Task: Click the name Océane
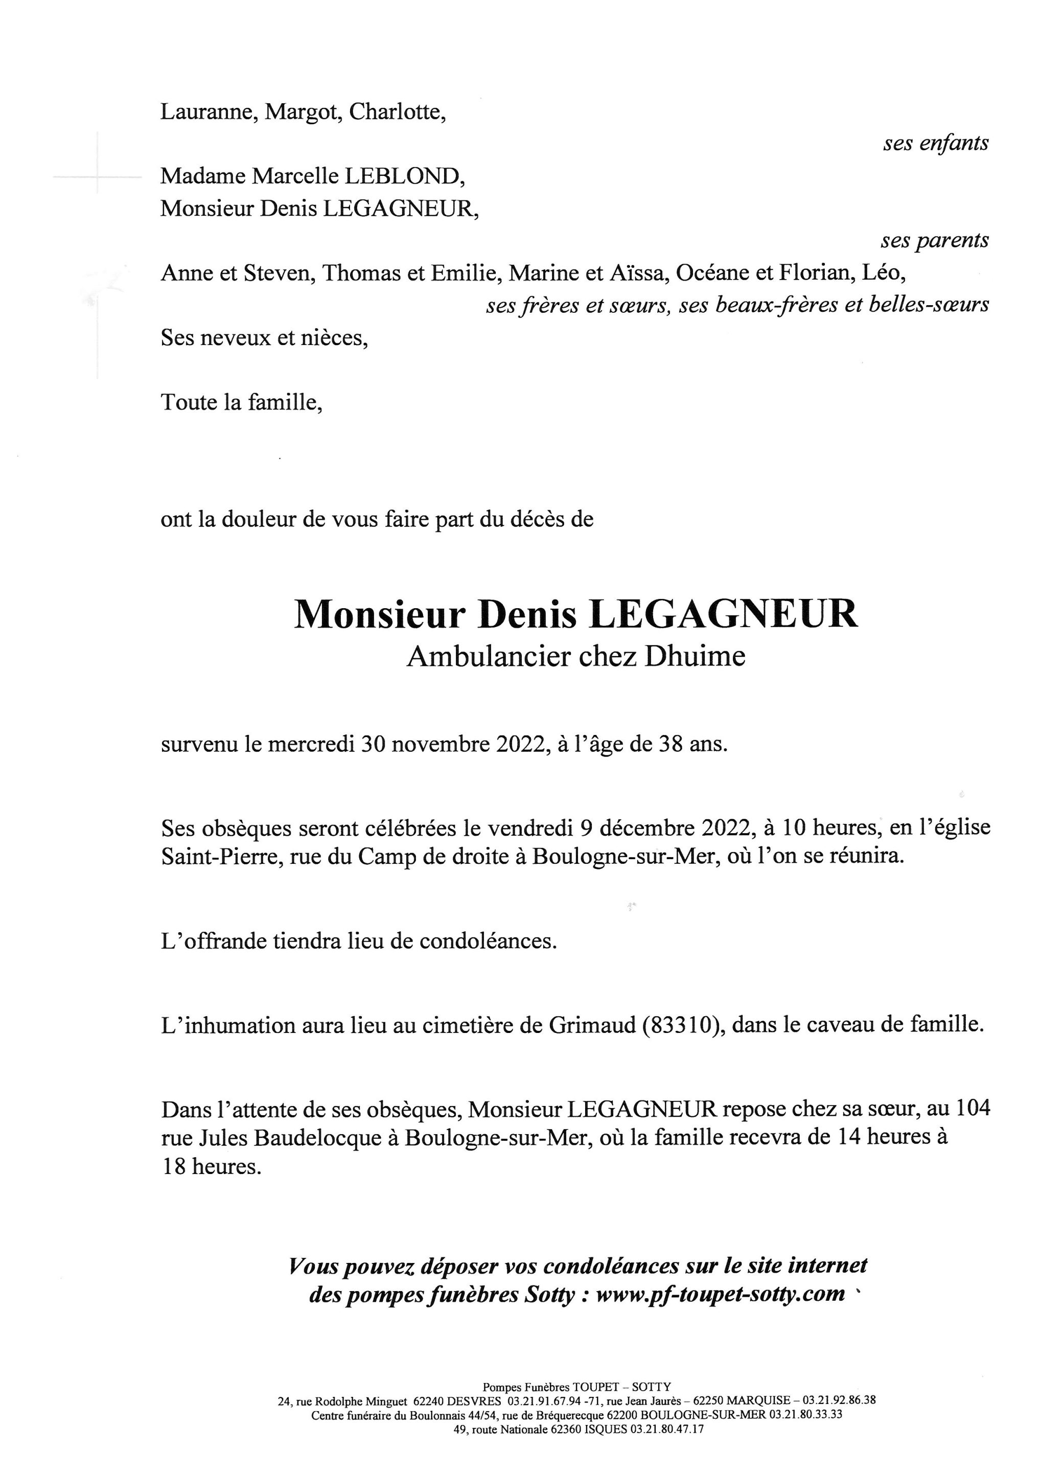tap(712, 273)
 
